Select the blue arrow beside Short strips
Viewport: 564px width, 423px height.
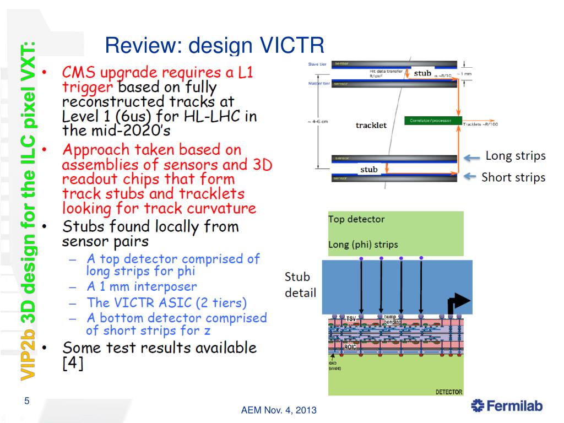click(471, 176)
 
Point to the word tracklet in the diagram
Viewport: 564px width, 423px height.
click(371, 125)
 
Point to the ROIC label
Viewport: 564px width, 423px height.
click(350, 347)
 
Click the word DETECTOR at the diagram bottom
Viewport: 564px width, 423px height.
click(449, 392)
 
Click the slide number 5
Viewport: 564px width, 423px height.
click(26, 401)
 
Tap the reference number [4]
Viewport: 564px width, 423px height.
click(73, 365)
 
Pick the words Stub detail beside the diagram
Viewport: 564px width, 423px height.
click(300, 284)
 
